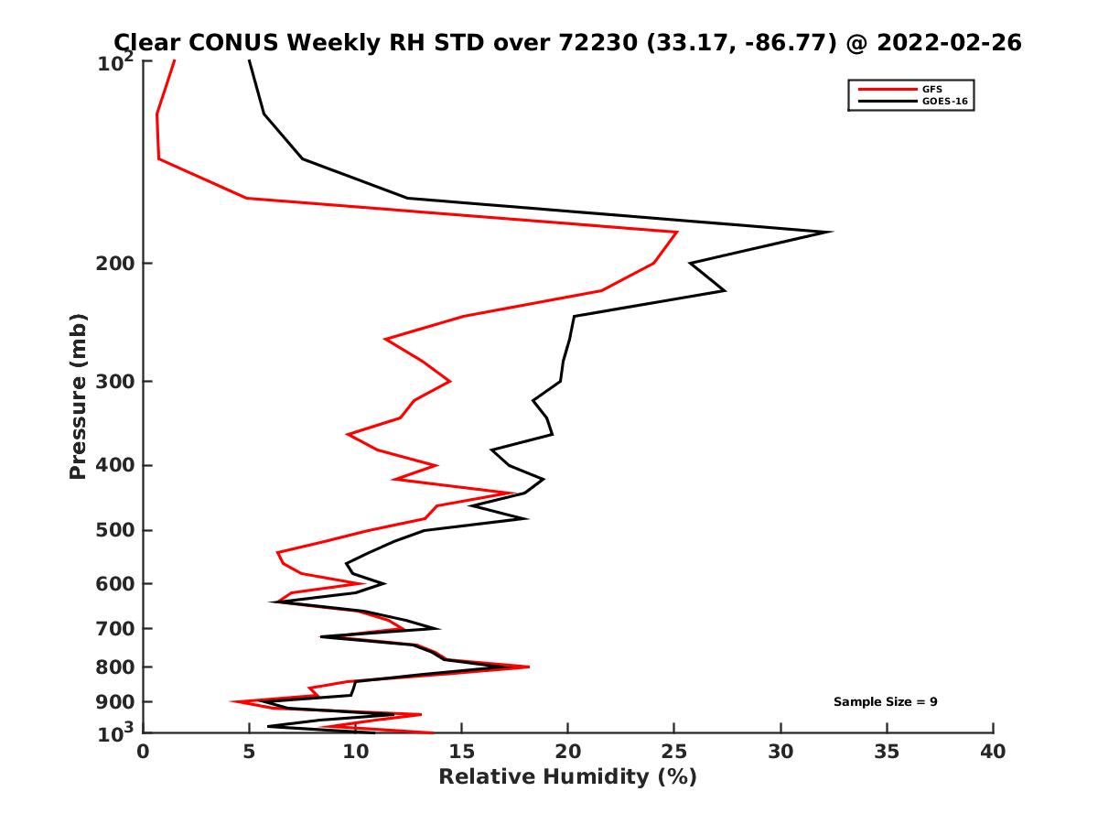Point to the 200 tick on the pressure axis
(x=116, y=264)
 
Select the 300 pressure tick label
(x=116, y=381)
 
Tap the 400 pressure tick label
(x=116, y=465)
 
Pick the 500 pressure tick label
(x=116, y=530)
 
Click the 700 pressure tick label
(x=116, y=628)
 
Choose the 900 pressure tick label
(x=116, y=702)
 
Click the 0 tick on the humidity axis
(x=144, y=752)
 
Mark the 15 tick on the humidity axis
(x=462, y=752)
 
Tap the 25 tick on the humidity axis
(x=674, y=752)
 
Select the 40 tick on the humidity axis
(x=993, y=752)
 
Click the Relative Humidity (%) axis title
(x=567, y=777)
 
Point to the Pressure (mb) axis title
(x=78, y=396)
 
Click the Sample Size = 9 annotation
(x=885, y=702)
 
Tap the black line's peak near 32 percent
(x=830, y=232)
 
